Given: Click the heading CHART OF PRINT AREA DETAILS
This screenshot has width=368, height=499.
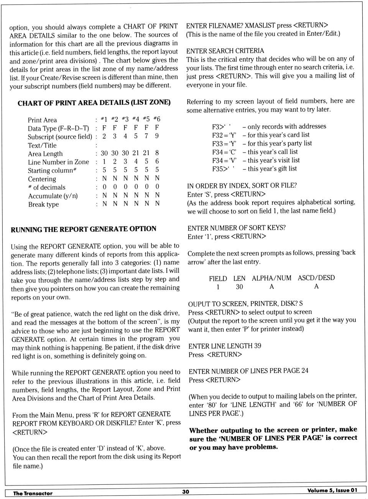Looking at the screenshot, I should (x=94, y=103).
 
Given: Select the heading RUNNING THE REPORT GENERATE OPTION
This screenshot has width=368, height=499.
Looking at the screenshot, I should (x=84, y=229).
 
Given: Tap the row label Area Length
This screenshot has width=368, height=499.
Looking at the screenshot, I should (x=45, y=154).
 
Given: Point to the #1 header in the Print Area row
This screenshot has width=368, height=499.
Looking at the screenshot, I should (x=104, y=119).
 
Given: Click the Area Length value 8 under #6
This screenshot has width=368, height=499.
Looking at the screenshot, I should (x=157, y=153).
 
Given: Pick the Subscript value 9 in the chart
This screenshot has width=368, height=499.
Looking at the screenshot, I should (x=157, y=136).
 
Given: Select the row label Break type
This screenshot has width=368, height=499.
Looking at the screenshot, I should (x=43, y=204).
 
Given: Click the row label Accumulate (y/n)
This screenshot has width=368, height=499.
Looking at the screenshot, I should (x=53, y=196).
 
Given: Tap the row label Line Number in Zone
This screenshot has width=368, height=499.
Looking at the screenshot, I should (x=58, y=162).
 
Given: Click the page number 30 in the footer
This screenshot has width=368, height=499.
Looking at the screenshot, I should (x=186, y=492).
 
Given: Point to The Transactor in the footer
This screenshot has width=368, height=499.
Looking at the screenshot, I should (x=33, y=493).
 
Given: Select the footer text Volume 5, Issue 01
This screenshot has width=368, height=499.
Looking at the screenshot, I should (x=332, y=490).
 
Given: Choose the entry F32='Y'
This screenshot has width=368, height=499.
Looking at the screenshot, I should (x=224, y=135).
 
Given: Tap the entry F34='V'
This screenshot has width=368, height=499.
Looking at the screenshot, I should (x=224, y=161).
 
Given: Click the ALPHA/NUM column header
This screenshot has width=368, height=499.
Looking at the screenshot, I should (x=271, y=278).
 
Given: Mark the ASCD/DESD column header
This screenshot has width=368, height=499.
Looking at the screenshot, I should (x=316, y=278).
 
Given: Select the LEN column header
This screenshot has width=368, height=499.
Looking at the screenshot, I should (x=239, y=279).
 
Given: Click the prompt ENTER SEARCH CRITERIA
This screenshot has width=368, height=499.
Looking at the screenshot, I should (x=225, y=51).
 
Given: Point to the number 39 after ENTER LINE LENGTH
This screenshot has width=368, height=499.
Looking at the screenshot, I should (x=257, y=346).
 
